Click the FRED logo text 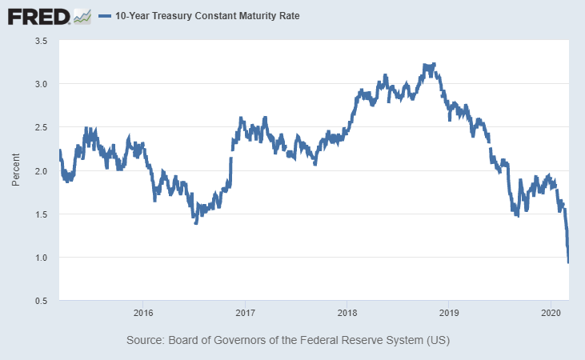point(38,17)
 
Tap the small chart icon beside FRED point(82,17)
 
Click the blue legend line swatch point(105,16)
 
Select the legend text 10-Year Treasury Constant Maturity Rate point(207,16)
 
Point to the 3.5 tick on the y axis point(41,41)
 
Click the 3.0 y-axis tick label point(41,84)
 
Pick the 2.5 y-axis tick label point(41,127)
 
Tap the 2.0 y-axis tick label point(41,171)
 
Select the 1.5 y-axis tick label point(41,214)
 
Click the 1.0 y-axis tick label point(41,258)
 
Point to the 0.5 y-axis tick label point(41,301)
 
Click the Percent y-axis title point(15,170)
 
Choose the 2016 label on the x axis point(143,313)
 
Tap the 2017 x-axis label point(245,313)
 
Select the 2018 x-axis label point(347,313)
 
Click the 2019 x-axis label point(449,313)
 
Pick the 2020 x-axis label point(551,313)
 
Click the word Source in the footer point(145,340)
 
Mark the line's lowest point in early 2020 point(568,262)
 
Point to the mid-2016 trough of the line point(196,222)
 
